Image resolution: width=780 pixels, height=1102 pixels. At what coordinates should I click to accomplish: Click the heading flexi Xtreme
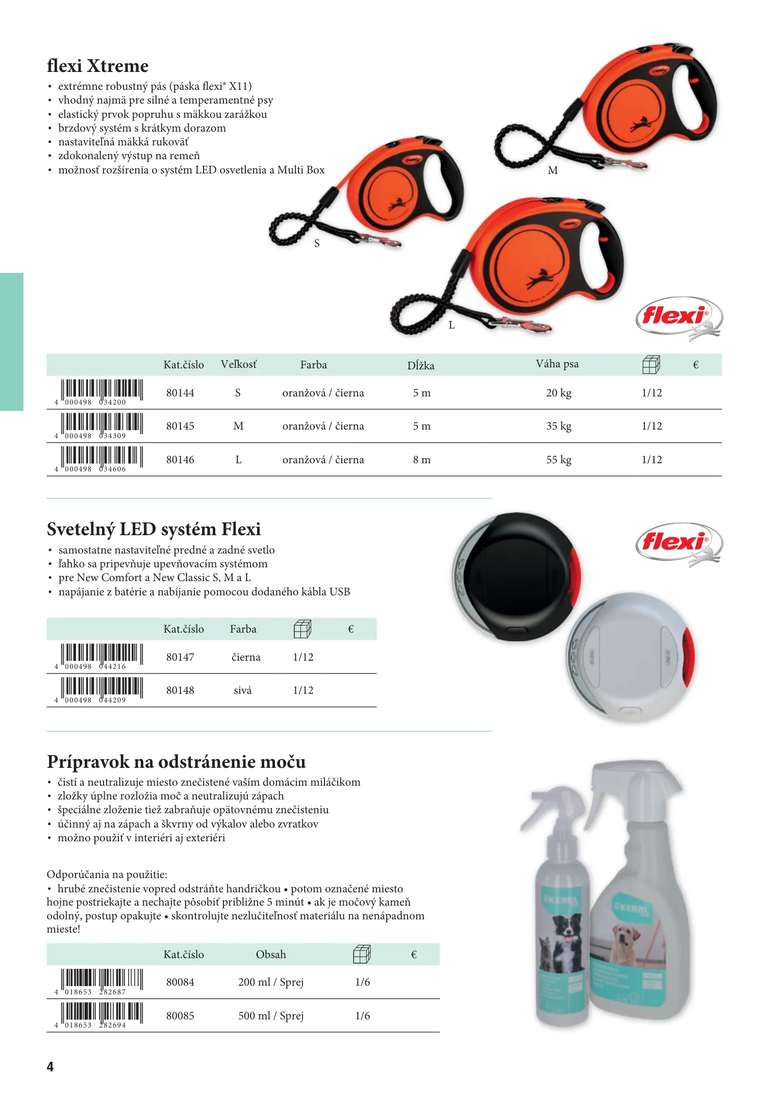[x=97, y=66]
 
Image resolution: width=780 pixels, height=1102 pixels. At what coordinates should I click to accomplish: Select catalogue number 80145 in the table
[x=180, y=426]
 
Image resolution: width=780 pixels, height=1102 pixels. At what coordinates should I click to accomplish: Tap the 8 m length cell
[x=421, y=460]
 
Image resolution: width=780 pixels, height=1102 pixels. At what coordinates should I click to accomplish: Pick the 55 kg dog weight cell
[x=559, y=460]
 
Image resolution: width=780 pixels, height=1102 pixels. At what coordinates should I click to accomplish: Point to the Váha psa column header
[x=557, y=364]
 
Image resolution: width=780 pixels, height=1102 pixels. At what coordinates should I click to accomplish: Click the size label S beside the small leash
[x=317, y=243]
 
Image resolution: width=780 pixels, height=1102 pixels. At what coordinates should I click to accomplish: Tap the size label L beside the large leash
[x=451, y=325]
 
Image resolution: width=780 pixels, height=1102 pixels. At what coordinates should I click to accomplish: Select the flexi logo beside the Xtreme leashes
[x=679, y=317]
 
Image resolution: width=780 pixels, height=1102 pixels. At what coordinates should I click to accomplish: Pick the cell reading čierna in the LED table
[x=246, y=657]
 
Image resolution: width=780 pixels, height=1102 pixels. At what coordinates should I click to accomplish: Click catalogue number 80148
[x=180, y=690]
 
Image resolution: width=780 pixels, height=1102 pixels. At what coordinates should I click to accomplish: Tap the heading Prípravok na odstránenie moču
[x=176, y=762]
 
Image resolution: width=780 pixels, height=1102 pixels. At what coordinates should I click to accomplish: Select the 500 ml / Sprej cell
[x=271, y=1016]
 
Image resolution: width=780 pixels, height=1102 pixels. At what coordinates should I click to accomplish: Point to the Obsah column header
[x=271, y=955]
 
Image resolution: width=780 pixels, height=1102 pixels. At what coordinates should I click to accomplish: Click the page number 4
[x=50, y=1067]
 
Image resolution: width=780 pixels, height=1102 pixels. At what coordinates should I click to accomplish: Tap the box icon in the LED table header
[x=303, y=629]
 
